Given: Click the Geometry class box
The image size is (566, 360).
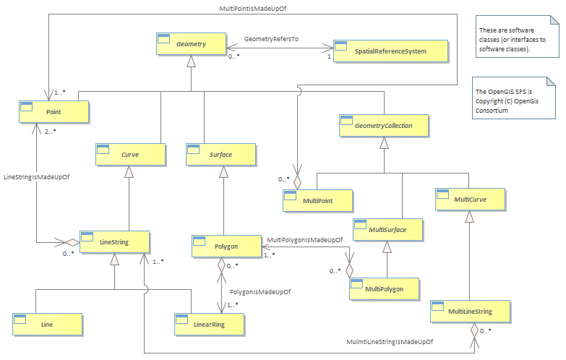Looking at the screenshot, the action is coord(192,44).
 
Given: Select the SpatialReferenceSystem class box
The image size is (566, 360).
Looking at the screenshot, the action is coord(390,51).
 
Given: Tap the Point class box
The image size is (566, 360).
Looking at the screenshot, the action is coord(53,112).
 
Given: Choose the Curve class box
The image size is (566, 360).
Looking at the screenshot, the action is coord(130,155).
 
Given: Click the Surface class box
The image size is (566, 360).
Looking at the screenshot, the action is coord(221,155).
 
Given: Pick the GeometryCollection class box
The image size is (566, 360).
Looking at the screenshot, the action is coord(384,126).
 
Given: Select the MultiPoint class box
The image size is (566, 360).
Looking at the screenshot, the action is coord(317,201).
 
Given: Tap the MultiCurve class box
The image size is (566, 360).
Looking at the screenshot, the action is coord(471,200).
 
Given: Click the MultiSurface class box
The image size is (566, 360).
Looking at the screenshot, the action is coord(387,230).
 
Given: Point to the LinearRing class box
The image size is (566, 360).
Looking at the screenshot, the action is coord(210,325).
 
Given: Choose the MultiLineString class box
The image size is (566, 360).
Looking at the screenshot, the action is coord(471,312).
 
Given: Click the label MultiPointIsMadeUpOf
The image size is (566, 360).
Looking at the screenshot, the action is coord(253,8).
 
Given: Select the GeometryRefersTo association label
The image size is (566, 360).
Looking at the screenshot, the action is coord(272,39).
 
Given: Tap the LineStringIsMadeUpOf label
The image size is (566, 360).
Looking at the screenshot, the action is coord(36,177).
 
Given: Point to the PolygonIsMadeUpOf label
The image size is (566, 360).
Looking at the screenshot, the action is coord(260,292).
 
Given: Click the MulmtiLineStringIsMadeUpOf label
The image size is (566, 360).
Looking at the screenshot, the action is coord(390,342).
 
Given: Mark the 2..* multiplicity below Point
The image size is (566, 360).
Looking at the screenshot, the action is coord(51,132).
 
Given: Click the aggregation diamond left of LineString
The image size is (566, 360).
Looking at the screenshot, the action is coord(72,242).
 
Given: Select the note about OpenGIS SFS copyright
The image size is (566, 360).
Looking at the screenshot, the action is coord(514,98).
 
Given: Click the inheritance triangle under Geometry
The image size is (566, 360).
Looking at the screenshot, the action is coord(191,61).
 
